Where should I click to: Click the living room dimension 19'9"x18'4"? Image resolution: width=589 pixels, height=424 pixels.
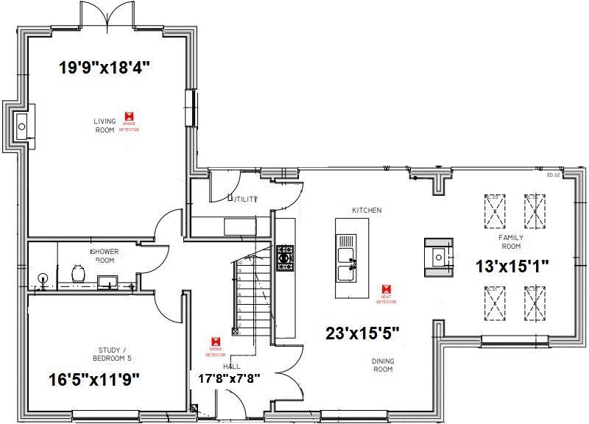pos(105,67)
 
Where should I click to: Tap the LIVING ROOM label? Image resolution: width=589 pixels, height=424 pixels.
pos(105,125)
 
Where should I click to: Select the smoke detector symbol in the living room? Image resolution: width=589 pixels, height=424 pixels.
pos(130,116)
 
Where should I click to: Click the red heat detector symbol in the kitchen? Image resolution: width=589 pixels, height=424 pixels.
pos(386,290)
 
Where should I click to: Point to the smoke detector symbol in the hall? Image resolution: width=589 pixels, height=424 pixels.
pos(215,342)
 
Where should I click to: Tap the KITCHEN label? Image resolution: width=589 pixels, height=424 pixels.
pos(367,211)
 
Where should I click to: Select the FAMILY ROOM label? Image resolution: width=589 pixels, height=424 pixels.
pos(511,242)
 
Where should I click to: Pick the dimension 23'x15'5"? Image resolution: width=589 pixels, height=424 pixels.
pos(362,333)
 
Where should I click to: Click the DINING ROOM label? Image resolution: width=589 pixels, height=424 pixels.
pos(381,364)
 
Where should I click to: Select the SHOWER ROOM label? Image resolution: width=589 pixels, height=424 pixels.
pos(105,255)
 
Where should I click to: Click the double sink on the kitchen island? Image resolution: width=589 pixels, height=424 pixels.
pos(346,258)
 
